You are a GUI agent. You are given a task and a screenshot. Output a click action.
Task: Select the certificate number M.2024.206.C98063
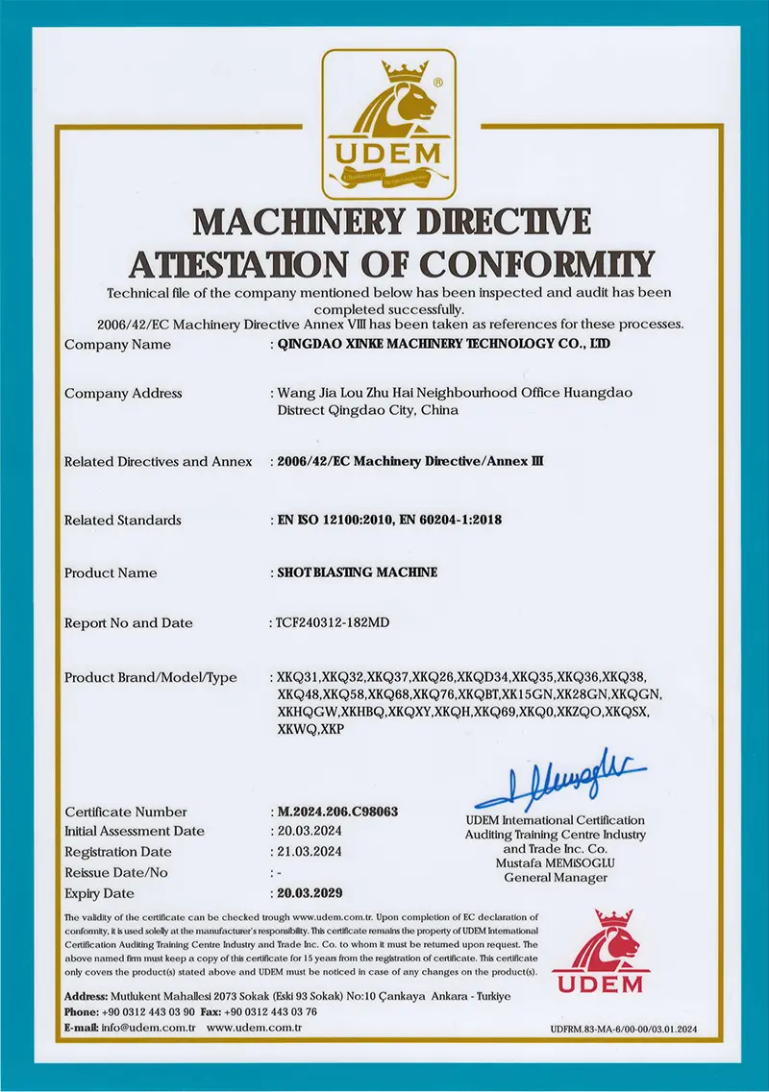pyautogui.click(x=336, y=812)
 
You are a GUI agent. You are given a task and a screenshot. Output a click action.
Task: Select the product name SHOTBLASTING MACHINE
pyautogui.click(x=357, y=572)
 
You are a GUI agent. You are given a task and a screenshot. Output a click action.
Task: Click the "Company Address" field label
pyautogui.click(x=123, y=393)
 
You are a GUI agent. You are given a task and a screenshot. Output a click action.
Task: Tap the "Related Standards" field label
pyautogui.click(x=122, y=520)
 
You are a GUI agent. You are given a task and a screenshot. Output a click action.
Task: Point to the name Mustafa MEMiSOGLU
pyautogui.click(x=556, y=863)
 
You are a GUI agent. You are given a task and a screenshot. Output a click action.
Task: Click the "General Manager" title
pyautogui.click(x=556, y=877)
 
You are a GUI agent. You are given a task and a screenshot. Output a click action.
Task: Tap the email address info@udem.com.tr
pyautogui.click(x=147, y=1028)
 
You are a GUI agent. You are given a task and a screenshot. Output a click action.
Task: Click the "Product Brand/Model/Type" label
pyautogui.click(x=150, y=677)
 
